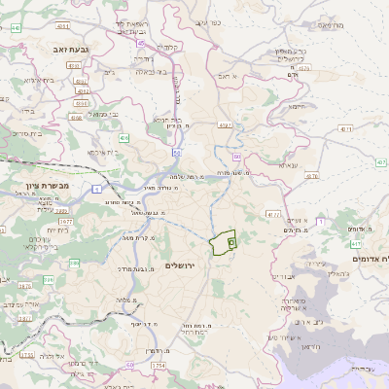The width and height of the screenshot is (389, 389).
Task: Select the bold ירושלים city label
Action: point(181,265)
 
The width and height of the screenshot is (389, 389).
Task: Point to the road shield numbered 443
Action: point(17,28)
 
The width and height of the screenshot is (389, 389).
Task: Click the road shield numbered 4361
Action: point(83,102)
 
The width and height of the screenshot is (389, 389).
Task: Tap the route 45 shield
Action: point(142,43)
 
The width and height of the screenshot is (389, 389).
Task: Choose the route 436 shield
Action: point(124,138)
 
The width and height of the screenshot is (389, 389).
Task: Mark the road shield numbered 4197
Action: point(225,124)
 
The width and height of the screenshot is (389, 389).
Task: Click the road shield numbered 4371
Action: point(346,127)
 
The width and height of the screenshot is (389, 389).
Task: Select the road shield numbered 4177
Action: point(272,213)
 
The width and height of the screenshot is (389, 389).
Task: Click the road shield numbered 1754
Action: point(159,365)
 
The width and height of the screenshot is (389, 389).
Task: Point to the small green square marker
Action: point(231,241)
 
